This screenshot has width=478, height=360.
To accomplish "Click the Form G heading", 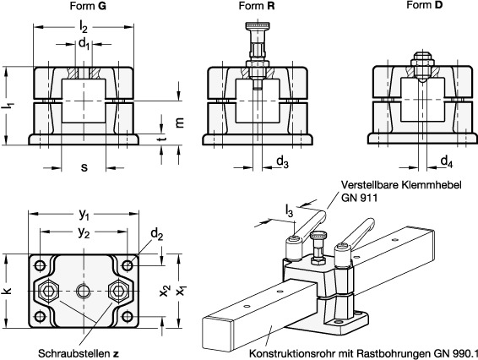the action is pyautogui.click(x=88, y=6).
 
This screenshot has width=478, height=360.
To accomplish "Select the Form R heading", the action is pyautogui.click(x=257, y=6).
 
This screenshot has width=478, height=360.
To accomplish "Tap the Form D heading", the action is pyautogui.click(x=424, y=5).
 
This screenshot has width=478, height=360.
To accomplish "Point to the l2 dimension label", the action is pyautogui.click(x=84, y=27).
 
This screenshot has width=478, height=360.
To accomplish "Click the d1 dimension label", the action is pyautogui.click(x=84, y=44).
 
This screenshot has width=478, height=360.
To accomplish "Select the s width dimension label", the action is pyautogui.click(x=84, y=166).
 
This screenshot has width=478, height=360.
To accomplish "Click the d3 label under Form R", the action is pyautogui.click(x=283, y=161).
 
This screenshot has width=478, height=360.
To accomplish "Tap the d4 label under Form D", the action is pyautogui.click(x=447, y=161).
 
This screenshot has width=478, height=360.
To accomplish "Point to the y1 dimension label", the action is pyautogui.click(x=84, y=215).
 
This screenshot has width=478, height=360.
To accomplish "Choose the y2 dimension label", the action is pyautogui.click(x=84, y=232).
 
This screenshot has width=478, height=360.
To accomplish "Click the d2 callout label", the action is pyautogui.click(x=157, y=234).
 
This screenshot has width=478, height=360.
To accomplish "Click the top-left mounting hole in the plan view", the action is pyautogui.click(x=40, y=265).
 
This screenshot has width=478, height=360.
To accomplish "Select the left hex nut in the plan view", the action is pyautogui.click(x=49, y=291).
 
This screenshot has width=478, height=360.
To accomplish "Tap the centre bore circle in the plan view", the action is pyautogui.click(x=84, y=291).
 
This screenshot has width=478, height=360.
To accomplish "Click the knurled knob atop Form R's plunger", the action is pyautogui.click(x=258, y=25).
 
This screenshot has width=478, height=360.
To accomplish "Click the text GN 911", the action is pyautogui.click(x=359, y=198).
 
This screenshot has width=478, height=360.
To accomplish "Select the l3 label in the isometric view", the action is pyautogui.click(x=289, y=210).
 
